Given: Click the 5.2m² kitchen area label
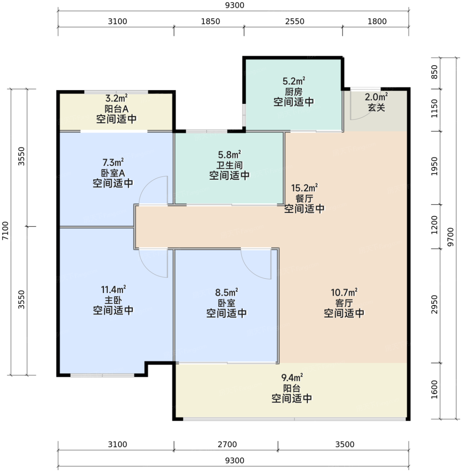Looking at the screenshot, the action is pos(294,81).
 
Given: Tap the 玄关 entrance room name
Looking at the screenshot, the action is pos(376,108).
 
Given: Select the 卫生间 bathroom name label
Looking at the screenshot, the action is pos(229,166).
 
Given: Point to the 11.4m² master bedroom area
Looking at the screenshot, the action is pos(113,289).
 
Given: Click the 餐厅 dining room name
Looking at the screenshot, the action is pos(304,198).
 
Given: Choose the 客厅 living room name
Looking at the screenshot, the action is pos(344,303).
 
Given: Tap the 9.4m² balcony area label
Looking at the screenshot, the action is pos(292,377).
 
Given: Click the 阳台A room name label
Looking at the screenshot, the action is pos(116,109).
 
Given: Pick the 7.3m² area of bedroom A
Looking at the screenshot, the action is pos(113,162).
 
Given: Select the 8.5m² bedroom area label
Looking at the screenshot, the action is pos(226,293).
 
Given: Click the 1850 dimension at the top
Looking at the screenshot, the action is pos(211,22).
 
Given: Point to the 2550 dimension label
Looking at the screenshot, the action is pos(295,22).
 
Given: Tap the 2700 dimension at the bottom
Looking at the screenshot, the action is pos(227,444).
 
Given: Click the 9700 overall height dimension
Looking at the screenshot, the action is pos(450,237).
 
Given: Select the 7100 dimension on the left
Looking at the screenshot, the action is pos(5,231).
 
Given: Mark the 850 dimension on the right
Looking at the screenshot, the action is pos(434,72).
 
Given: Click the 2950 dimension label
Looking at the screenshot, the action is pos(434,304).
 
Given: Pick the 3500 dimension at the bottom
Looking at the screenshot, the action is pos(345,444).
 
